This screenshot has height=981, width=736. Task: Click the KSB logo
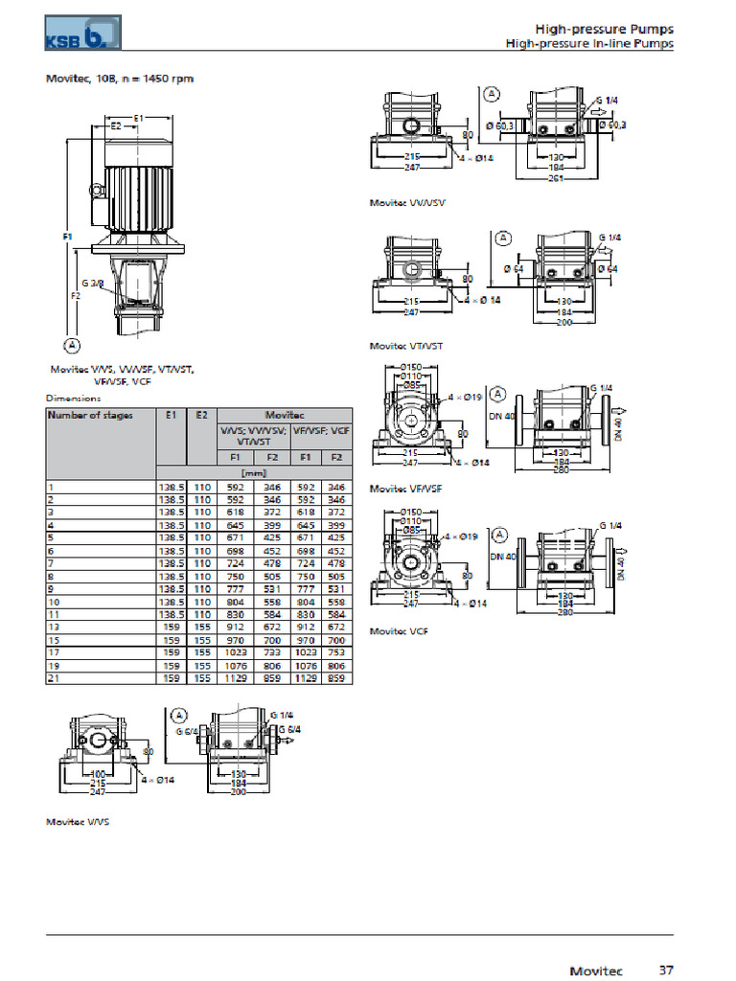tap(83, 33)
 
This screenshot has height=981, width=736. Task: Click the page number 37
tap(666, 970)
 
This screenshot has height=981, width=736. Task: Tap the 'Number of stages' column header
tap(91, 415)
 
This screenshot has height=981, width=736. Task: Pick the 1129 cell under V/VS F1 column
tap(236, 677)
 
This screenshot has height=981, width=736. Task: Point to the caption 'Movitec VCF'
tap(399, 630)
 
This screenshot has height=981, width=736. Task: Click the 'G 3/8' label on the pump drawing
tap(93, 284)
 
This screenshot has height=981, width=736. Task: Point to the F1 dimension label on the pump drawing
tap(55, 235)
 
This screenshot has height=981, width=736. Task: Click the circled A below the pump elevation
tap(70, 344)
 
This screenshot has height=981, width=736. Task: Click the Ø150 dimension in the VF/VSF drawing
tap(411, 367)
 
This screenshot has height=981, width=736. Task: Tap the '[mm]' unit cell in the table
tap(254, 472)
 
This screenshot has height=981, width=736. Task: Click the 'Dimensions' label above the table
tap(73, 398)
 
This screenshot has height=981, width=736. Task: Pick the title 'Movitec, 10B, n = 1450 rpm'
tap(120, 79)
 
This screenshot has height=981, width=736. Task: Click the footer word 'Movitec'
tap(598, 970)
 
